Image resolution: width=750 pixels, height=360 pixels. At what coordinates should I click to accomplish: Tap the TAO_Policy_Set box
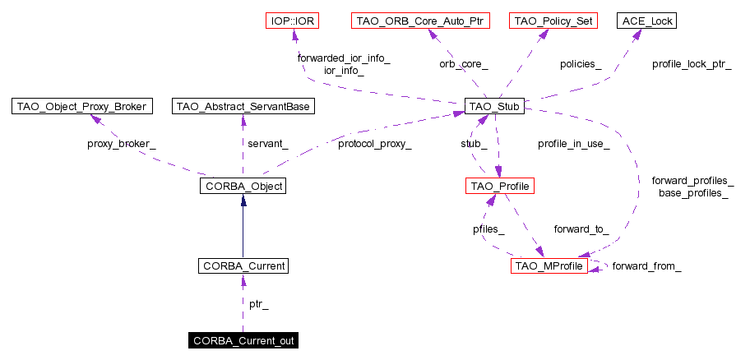(x=553, y=20)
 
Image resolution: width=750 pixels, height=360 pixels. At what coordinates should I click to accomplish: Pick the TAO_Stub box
(x=494, y=106)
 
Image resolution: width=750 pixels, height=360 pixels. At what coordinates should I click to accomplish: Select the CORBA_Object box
(x=242, y=187)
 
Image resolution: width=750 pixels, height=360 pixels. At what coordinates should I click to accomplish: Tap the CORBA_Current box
(x=242, y=266)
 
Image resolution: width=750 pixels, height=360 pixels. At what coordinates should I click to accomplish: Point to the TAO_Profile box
(x=500, y=187)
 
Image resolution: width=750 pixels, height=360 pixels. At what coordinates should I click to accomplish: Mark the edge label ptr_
(x=259, y=304)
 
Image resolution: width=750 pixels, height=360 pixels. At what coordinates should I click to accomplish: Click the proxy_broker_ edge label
(x=121, y=145)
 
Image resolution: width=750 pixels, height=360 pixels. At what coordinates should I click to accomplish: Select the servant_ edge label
(x=268, y=145)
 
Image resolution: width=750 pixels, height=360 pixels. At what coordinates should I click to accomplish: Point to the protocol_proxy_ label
(x=374, y=145)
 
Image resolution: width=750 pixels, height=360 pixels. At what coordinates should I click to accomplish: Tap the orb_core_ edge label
(x=464, y=63)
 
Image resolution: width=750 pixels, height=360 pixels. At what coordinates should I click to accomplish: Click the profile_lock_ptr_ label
(x=691, y=63)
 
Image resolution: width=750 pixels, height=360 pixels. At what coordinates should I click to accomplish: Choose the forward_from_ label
(x=646, y=267)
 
